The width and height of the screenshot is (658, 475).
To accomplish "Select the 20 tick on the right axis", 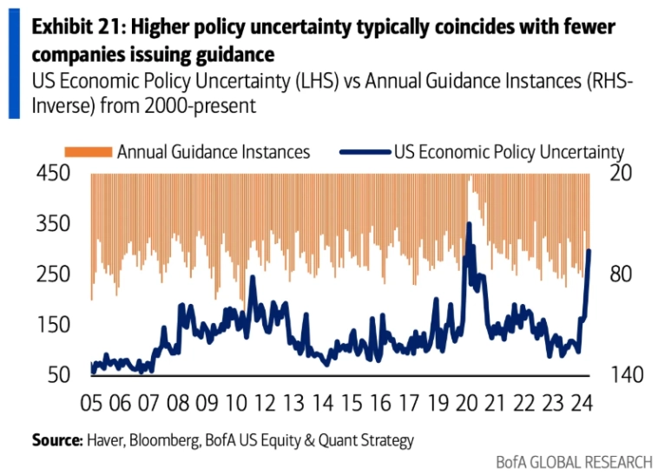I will coord(624,174).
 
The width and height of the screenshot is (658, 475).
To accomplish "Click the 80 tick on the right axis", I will coord(624,274).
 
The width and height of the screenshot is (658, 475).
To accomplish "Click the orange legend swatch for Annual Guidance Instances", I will coord(90,152).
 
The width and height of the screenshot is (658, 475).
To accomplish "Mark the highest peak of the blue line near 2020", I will coord(469,224).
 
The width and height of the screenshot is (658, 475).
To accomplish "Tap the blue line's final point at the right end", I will coord(589,251).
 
